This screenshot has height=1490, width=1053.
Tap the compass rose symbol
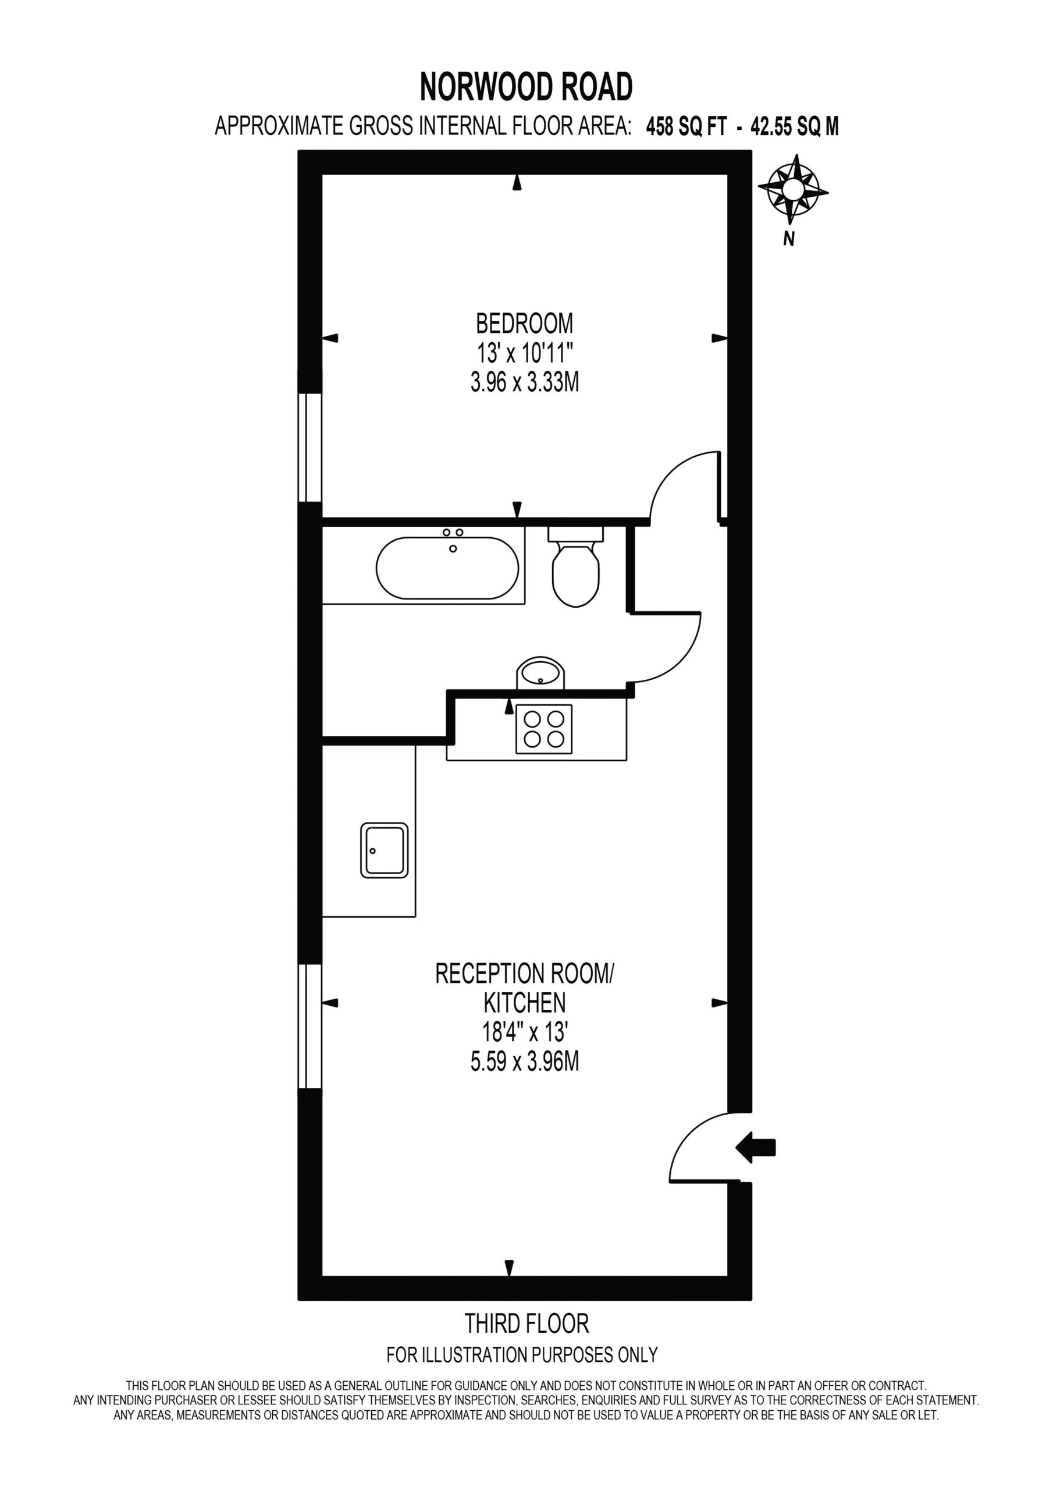tap(793, 189)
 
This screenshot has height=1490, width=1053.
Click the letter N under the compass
tap(789, 239)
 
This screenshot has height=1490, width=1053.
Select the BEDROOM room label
tap(524, 322)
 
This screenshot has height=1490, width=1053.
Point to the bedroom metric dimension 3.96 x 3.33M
tap(524, 383)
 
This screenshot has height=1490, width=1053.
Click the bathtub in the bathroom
tap(448, 567)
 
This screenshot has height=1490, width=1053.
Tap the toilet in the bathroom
tap(575, 566)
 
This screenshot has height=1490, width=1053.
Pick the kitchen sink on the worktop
tap(384, 850)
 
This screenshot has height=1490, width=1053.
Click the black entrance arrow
tap(755, 1147)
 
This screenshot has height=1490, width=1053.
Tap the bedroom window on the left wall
tap(310, 447)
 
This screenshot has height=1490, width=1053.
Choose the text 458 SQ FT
tap(686, 126)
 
